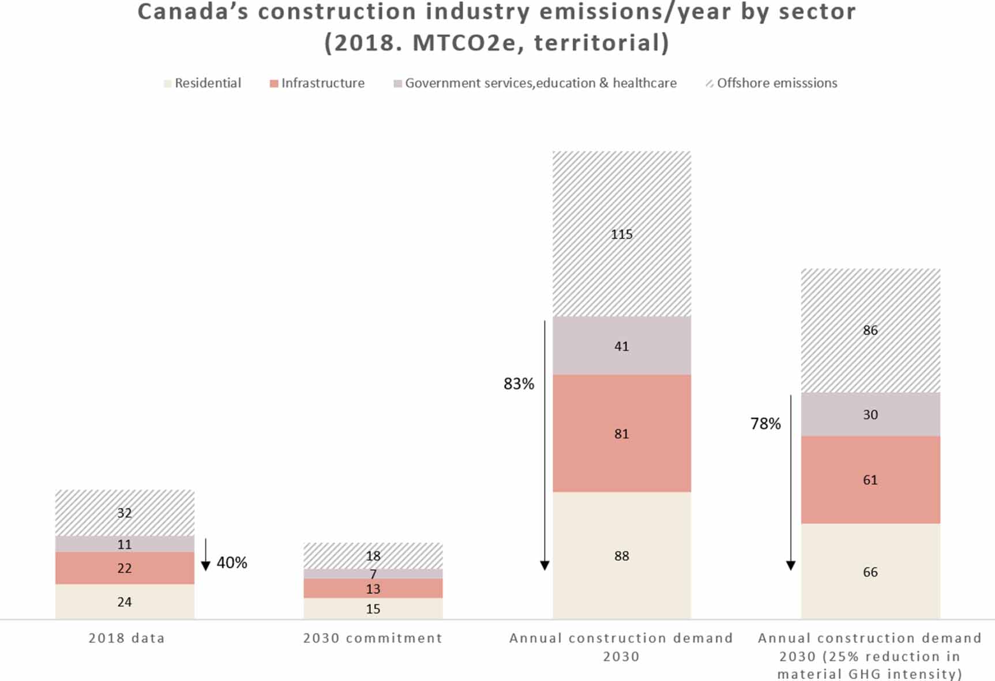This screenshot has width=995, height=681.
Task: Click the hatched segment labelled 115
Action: click(621, 233)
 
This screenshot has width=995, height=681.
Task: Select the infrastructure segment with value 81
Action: click(621, 433)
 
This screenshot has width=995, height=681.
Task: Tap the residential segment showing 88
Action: click(621, 555)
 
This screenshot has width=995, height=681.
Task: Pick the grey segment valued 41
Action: click(621, 346)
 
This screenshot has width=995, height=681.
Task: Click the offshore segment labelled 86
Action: click(870, 330)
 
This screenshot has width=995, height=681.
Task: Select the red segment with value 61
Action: click(870, 479)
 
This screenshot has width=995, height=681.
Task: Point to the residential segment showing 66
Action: click(870, 572)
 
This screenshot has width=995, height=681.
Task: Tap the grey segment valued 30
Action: click(870, 414)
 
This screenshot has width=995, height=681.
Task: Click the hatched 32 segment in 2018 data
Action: click(125, 513)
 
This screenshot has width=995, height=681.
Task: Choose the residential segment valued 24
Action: click(125, 601)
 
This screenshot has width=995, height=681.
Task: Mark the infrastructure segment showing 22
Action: click(125, 568)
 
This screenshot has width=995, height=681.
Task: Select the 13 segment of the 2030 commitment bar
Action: click(373, 588)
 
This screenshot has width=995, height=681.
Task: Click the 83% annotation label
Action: click(519, 384)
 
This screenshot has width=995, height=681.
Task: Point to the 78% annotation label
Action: click(765, 424)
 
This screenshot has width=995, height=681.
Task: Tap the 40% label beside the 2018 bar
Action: click(232, 562)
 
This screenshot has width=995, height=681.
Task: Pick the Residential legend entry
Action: click(202, 83)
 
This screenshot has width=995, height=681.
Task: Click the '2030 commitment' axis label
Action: click(373, 638)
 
